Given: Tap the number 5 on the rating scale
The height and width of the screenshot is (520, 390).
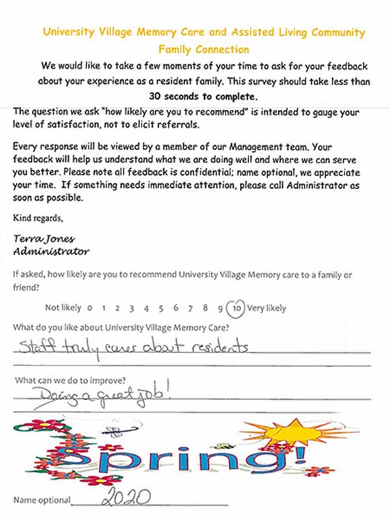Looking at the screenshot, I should (161, 308).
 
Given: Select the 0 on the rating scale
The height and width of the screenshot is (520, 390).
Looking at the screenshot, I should (89, 308).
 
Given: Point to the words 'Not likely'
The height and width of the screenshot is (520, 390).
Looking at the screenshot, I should (63, 308).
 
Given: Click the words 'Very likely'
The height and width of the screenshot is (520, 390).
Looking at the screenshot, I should (266, 308).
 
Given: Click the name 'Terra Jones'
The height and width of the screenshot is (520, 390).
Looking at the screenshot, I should (44, 239).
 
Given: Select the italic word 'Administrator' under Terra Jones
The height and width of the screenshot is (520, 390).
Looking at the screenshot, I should (52, 251).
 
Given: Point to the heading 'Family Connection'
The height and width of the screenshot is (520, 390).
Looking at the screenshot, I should (204, 49).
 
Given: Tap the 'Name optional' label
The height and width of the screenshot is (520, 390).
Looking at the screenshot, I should (41, 500).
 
